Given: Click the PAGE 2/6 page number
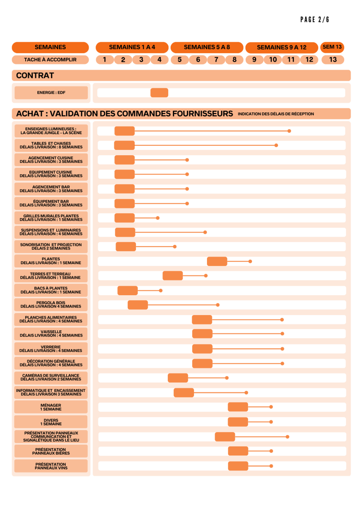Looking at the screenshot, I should [x=315, y=20].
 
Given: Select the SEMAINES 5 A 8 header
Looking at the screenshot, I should [x=207, y=47].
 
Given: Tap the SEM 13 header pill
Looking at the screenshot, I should [x=333, y=47].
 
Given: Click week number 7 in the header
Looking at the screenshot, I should [x=216, y=60].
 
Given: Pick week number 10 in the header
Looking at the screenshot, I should [x=273, y=60].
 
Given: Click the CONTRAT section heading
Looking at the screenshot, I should [x=35, y=76].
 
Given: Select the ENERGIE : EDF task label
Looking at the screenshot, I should [x=51, y=93].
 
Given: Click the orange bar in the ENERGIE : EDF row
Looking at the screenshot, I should [x=159, y=93].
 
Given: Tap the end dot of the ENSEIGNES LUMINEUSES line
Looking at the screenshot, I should [x=289, y=131].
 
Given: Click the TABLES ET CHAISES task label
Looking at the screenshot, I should [x=51, y=145].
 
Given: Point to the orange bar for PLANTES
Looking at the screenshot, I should [x=217, y=261].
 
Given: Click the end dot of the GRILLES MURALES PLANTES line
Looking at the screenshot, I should [x=157, y=218].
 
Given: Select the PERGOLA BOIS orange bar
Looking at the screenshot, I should [x=138, y=305].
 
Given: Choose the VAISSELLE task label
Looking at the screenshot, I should [x=51, y=333].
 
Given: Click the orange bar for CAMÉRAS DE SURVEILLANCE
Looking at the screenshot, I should [x=178, y=378].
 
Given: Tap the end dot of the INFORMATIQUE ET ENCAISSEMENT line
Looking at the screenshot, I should [x=246, y=392].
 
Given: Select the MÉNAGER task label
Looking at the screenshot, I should [x=51, y=407].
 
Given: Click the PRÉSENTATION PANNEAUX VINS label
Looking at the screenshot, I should [x=51, y=466].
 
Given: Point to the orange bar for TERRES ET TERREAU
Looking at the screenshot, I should [x=173, y=275].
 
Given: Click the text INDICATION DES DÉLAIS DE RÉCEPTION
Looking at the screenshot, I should [x=276, y=114].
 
